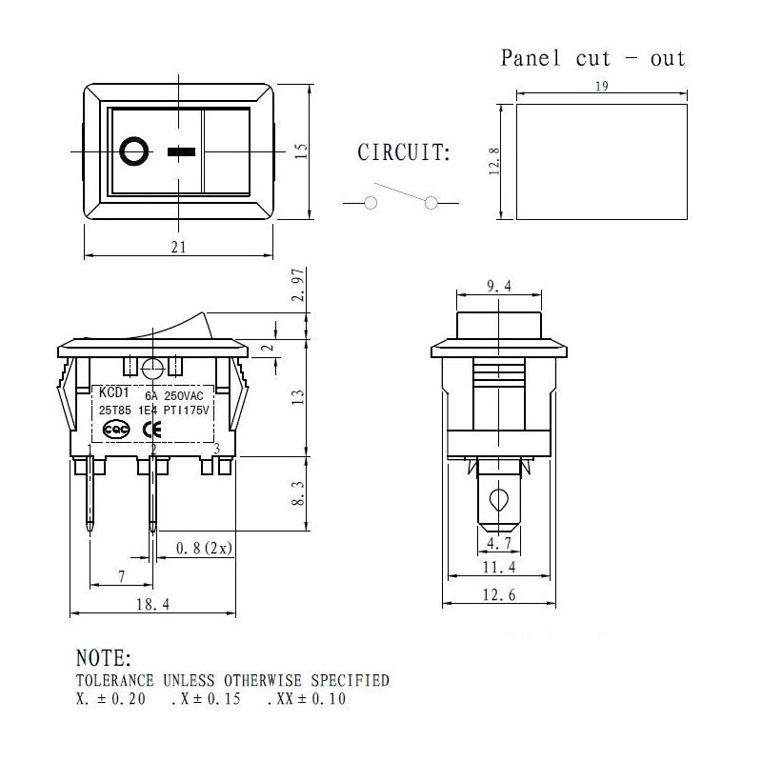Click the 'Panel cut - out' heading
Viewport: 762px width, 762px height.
tap(592, 58)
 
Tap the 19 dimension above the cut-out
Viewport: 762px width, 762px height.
tap(601, 87)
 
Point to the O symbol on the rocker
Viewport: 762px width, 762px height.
tap(134, 150)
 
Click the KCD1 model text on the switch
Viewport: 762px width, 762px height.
tap(113, 391)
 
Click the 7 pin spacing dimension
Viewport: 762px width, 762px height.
tap(121, 577)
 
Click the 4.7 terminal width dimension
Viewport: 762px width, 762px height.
tap(498, 545)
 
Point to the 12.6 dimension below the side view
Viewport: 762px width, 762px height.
tap(498, 596)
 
